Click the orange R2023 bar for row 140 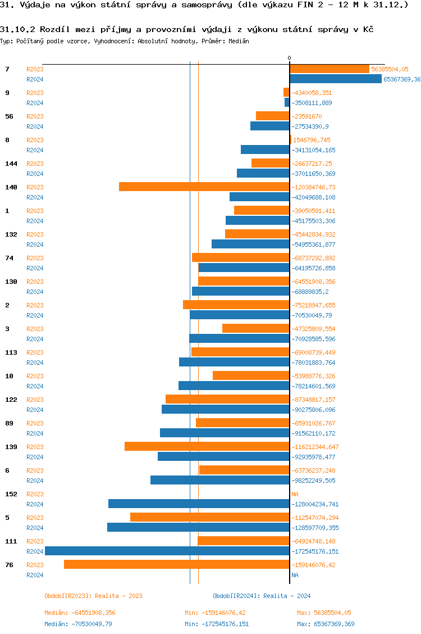(x=204, y=187)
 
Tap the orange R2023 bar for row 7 (x=330, y=69)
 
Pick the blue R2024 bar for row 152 (x=199, y=504)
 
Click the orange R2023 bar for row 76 (x=177, y=564)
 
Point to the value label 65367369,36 (x=402, y=79)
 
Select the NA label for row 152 (x=295, y=494)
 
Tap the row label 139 (x=11, y=447)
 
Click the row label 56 (x=9, y=116)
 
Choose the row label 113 (x=11, y=352)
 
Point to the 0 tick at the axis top (x=290, y=58)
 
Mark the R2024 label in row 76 (x=35, y=575)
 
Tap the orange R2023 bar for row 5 (x=210, y=517)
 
